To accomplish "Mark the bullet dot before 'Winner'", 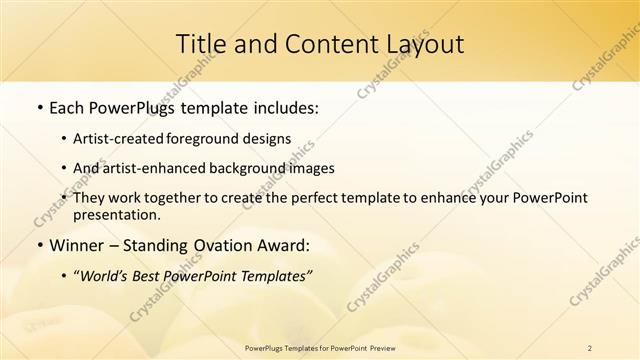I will point(38,244).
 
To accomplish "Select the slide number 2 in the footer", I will point(589,347).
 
